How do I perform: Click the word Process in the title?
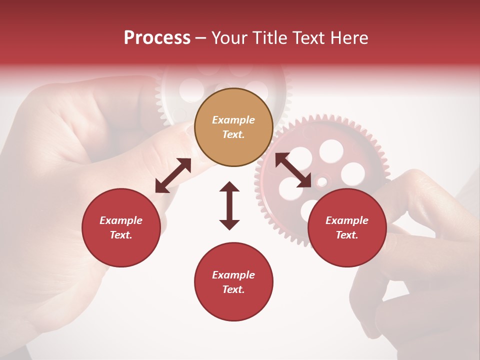[157, 38]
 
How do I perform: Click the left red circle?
[121, 227]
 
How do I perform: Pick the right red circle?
[347, 227]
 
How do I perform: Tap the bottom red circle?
[233, 281]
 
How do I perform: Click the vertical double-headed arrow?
[229, 205]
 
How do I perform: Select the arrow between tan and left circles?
[173, 175]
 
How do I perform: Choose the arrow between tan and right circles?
[293, 170]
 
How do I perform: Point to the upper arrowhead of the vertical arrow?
[229, 187]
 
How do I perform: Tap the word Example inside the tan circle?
[233, 120]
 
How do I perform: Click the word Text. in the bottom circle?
[233, 289]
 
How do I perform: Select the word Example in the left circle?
[121, 220]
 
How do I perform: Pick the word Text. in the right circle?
[347, 235]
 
